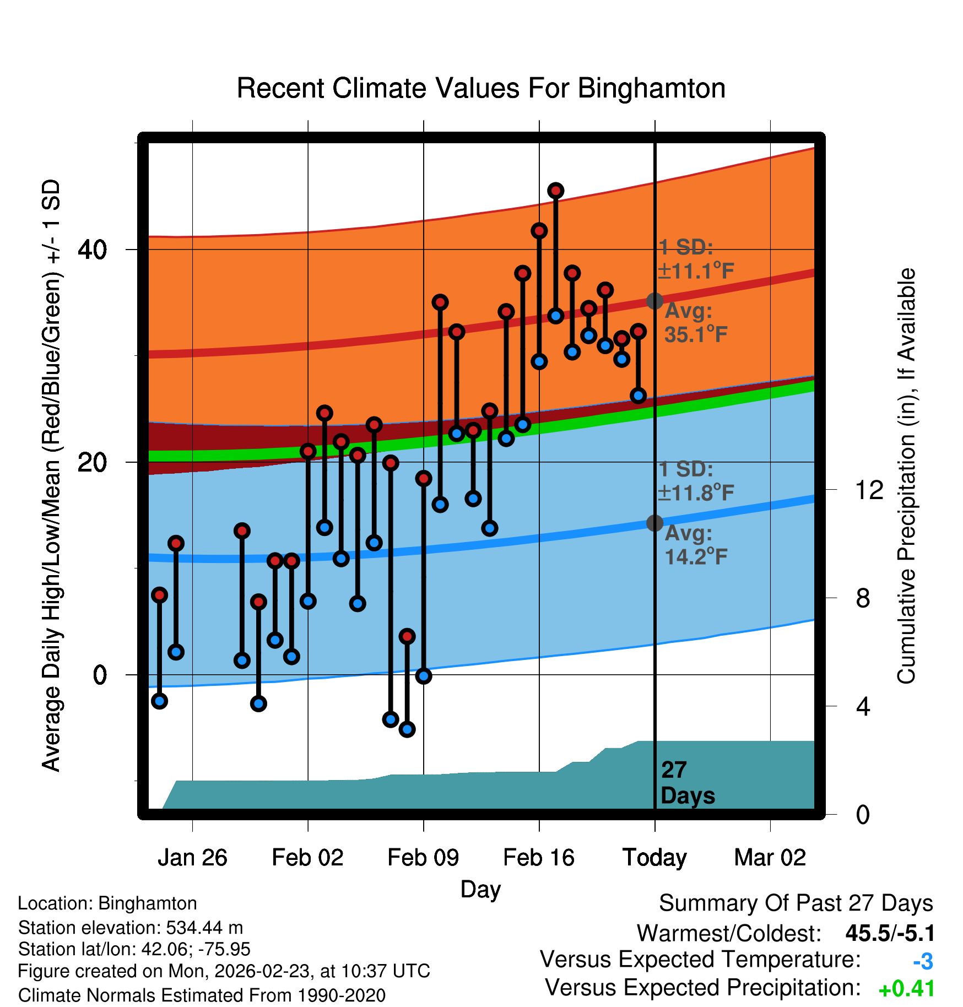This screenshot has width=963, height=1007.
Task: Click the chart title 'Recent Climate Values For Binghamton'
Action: tap(481, 88)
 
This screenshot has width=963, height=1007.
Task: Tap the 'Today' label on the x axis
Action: tap(654, 858)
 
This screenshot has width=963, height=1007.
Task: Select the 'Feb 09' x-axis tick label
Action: tap(423, 858)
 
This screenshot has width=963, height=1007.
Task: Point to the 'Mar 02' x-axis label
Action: tap(770, 858)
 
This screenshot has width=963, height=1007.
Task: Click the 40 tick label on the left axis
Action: tap(92, 250)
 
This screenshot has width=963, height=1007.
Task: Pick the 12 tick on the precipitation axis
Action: tap(869, 490)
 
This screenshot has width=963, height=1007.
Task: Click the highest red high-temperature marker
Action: tap(555, 191)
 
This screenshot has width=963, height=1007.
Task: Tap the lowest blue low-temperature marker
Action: tap(407, 729)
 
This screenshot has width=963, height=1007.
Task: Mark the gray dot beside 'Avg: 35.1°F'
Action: tap(654, 301)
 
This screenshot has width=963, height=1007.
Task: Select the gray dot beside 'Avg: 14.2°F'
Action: tap(654, 523)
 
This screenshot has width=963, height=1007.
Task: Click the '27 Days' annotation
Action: tap(688, 783)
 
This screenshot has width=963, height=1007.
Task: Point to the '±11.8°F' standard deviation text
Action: tap(696, 492)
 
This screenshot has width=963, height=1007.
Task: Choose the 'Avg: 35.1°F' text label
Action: tap(695, 323)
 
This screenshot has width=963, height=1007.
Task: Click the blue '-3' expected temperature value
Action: tap(923, 962)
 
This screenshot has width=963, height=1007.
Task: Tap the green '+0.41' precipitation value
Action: tap(906, 989)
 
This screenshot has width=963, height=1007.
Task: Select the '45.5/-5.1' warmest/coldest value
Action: tap(890, 934)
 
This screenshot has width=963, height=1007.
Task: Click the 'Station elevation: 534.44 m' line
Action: tap(130, 928)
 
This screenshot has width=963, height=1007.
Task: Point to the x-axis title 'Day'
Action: tap(480, 889)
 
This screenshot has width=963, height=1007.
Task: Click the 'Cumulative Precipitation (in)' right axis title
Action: tap(906, 476)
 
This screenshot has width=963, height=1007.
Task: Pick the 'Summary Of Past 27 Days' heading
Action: tap(796, 903)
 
